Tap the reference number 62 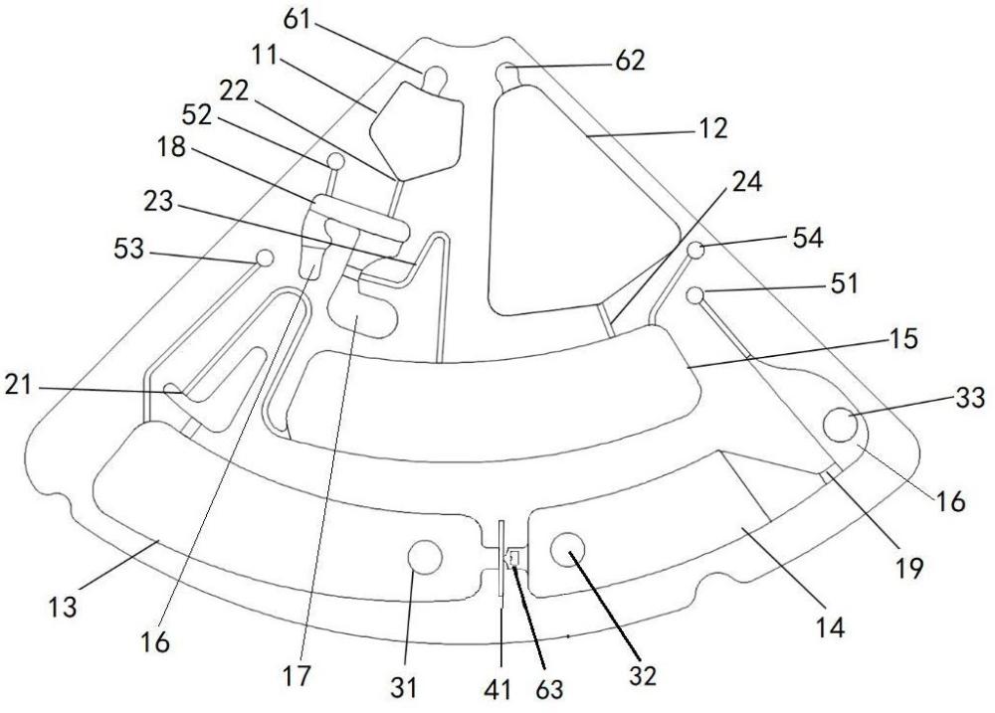[x=630, y=61]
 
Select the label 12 [x=711, y=128]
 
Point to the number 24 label [x=747, y=183]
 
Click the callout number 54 [x=808, y=239]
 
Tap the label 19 [x=909, y=569]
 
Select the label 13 [x=63, y=607]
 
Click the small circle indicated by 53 [x=264, y=259]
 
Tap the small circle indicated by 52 [x=335, y=160]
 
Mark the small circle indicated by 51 [x=696, y=295]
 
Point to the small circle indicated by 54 [x=696, y=250]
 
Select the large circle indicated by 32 [x=567, y=549]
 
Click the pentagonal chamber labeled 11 [x=416, y=129]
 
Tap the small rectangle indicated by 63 [x=514, y=558]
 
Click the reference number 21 [x=18, y=385]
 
